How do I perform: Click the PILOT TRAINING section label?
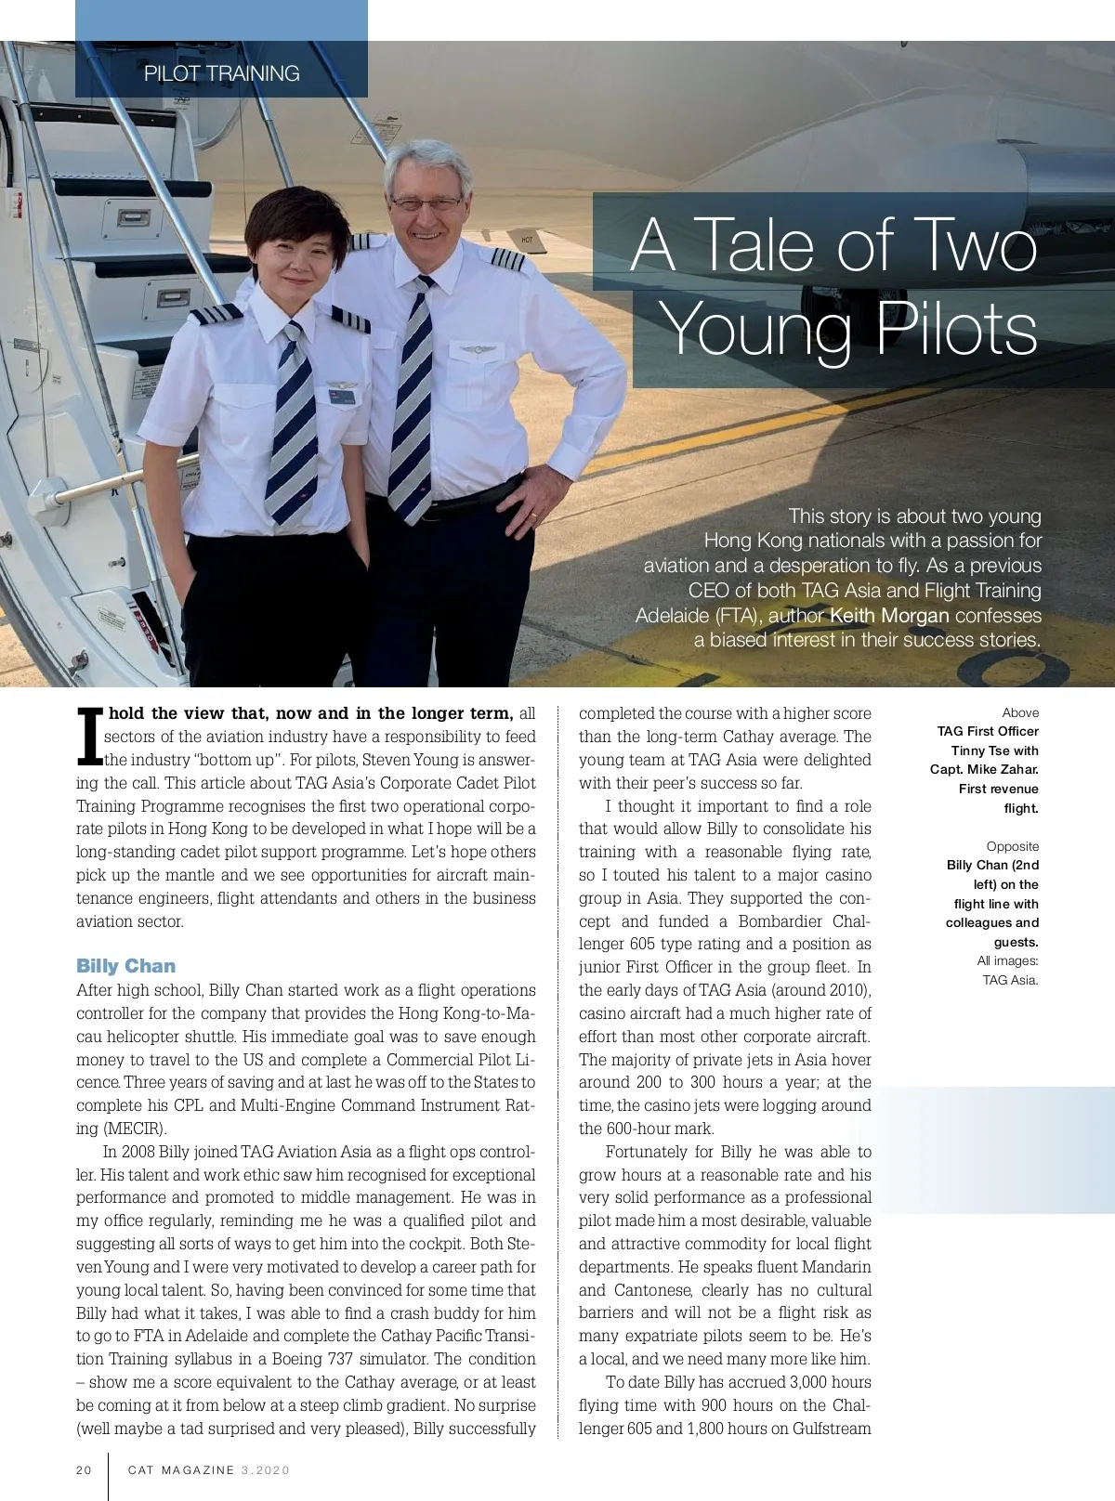[221, 73]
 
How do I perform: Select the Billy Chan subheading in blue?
[125, 966]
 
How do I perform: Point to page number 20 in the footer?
[84, 1469]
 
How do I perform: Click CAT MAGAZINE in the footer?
[181, 1469]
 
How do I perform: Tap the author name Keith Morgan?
[888, 615]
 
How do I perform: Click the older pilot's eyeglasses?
[426, 202]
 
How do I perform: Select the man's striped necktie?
[411, 399]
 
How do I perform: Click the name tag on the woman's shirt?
[341, 398]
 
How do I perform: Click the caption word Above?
[1020, 712]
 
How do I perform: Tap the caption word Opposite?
[1013, 846]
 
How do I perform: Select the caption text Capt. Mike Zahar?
[984, 769]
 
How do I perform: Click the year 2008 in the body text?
[138, 1152]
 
